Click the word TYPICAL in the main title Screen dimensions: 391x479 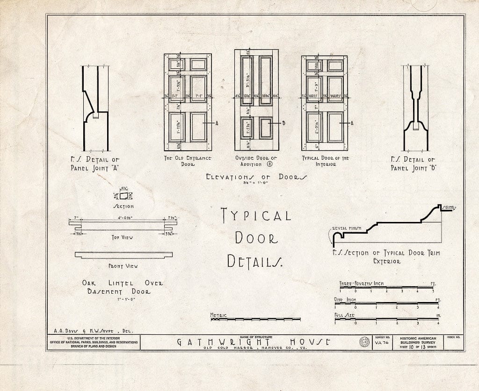[256, 215]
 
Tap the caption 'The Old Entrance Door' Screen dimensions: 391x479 [188, 161]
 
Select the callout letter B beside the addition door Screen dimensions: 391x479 [283, 123]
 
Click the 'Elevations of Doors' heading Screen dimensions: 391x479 [257, 177]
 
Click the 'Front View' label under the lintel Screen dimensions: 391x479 [123, 266]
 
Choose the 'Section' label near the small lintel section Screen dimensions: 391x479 [124, 206]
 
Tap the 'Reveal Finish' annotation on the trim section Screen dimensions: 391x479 [347, 229]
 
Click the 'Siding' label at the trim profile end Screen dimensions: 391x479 [449, 207]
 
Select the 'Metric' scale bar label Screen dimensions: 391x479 [218, 315]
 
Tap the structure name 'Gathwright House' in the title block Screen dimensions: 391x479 [254, 342]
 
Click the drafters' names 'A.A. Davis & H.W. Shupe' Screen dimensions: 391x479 [91, 330]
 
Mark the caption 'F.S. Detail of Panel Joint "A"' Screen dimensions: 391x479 [95, 164]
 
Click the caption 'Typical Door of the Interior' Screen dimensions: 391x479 [326, 161]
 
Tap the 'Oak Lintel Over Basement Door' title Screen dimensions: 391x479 [123, 287]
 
